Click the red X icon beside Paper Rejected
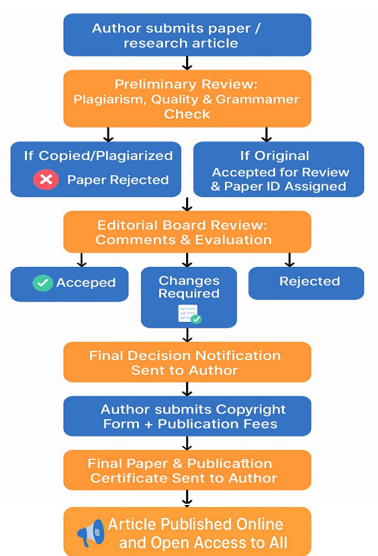click(46, 180)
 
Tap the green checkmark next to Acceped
click(42, 283)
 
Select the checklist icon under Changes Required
click(189, 314)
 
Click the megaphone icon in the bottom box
click(91, 533)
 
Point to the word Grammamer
click(257, 99)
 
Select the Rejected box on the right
click(306, 283)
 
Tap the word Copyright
click(250, 409)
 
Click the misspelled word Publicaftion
click(230, 463)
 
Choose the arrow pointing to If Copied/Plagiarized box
click(108, 134)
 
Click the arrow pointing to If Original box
click(266, 134)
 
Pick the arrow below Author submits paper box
click(187, 63)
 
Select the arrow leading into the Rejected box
click(289, 260)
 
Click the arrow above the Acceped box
click(82, 260)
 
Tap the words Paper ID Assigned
click(285, 186)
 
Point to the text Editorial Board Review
click(182, 225)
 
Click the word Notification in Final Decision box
click(238, 355)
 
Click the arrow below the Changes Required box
click(187, 335)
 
